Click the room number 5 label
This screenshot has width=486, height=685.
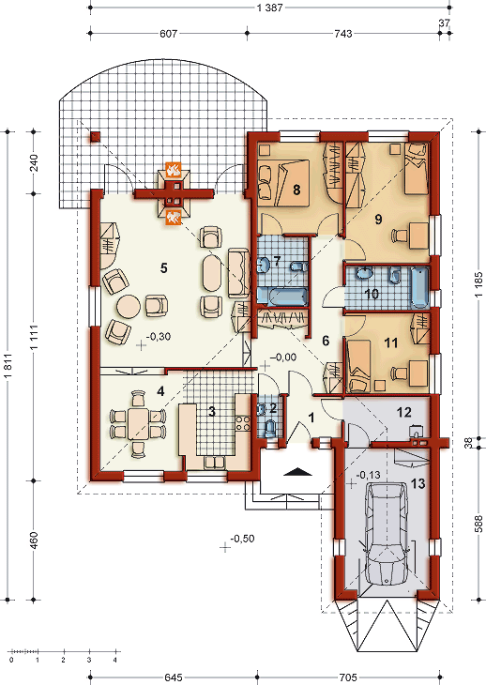(x=164, y=267)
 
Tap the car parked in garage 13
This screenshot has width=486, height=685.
(x=387, y=533)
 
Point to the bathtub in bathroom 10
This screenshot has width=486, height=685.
(x=420, y=288)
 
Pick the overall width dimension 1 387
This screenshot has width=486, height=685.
(x=271, y=7)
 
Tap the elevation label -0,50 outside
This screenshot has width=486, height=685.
(x=242, y=539)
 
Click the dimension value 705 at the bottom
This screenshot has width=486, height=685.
(x=348, y=677)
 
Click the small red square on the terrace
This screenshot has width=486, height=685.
(x=96, y=137)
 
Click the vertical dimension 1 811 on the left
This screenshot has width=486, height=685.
(x=8, y=365)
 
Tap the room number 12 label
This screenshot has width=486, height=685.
(x=404, y=412)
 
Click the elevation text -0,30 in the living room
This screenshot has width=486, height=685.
(x=159, y=336)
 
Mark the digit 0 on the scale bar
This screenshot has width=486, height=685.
(x=11, y=660)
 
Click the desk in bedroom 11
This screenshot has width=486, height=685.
(x=418, y=373)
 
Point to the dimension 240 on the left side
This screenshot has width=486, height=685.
(x=34, y=162)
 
